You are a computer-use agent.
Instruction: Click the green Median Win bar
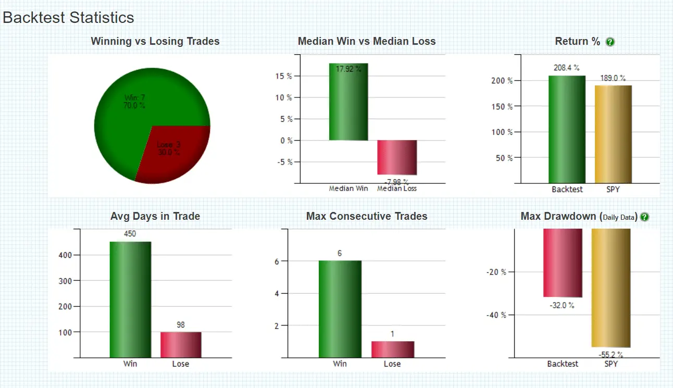click(348, 104)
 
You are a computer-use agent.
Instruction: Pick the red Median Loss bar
click(397, 157)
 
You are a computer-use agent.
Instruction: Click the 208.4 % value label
click(567, 68)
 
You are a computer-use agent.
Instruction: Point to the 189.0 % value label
click(613, 78)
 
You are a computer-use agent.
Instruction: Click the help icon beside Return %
click(610, 42)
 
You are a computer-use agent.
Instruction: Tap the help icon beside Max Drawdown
click(644, 217)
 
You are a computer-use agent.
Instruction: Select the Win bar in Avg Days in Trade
click(130, 299)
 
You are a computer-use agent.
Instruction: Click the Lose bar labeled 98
click(180, 344)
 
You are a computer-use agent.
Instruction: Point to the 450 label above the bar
click(130, 234)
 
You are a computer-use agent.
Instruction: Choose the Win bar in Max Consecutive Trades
click(340, 309)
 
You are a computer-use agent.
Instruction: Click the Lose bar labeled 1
click(392, 349)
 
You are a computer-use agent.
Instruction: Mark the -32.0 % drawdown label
click(562, 305)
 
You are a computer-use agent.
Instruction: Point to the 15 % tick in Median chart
click(283, 76)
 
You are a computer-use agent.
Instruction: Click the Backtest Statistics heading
click(68, 17)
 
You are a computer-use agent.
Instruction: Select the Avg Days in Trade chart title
click(155, 216)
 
